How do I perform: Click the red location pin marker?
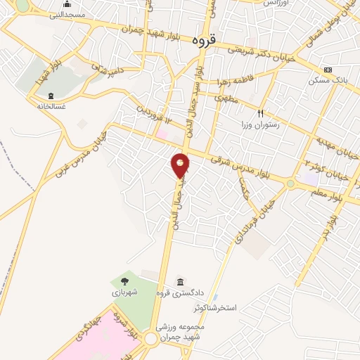pos(181,165)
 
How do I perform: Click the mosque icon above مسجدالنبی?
pos(67,4)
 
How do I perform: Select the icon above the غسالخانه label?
pos(51,96)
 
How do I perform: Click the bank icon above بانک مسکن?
pos(328,70)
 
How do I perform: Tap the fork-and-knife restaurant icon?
pos(261,112)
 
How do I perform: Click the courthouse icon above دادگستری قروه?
pos(181,281)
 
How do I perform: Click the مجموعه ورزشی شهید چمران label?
pos(186,333)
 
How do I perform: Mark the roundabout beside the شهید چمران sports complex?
pos(150,340)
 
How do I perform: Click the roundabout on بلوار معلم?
pos(290,184)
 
